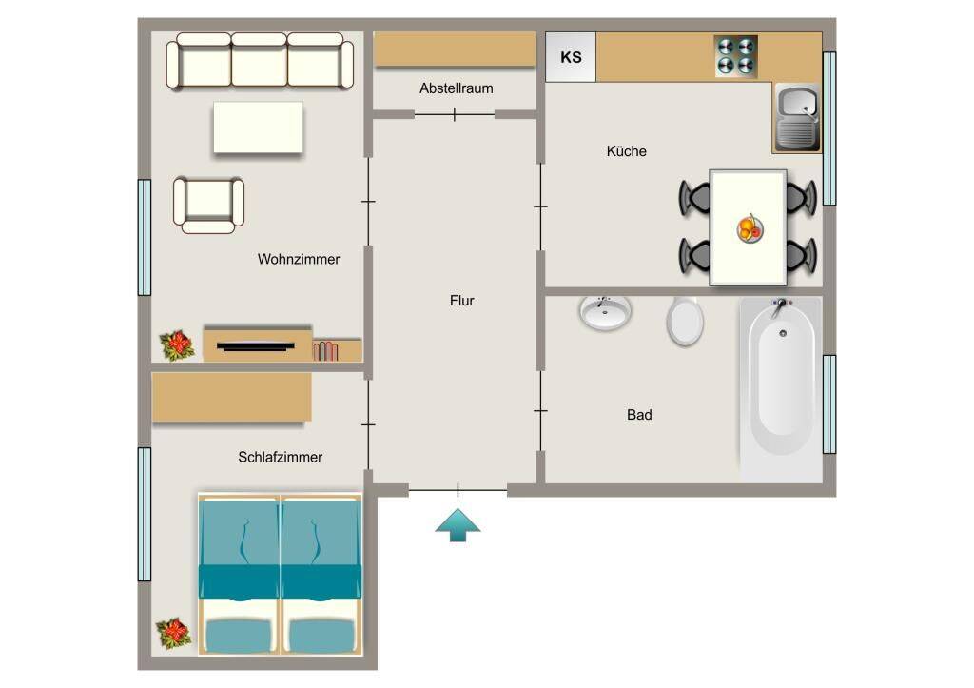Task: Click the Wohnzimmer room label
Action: pos(299,259)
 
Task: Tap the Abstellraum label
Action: pos(456,88)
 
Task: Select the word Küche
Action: pos(626,151)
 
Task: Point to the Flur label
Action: pos(461,301)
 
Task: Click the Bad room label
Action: pos(639,415)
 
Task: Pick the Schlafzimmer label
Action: pos(281,457)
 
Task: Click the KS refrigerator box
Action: pos(571,57)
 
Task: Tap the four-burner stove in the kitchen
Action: pos(735,56)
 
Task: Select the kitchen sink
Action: pos(797,118)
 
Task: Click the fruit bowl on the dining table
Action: pos(750,229)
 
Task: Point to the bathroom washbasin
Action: pos(605,312)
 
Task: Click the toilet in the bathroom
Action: pos(685,320)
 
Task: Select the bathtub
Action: pos(782,388)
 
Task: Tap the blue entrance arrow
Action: pos(458,525)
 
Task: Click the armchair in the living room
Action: pos(208,205)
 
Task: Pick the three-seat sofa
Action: pos(260,61)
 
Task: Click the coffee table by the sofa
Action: pos(259,128)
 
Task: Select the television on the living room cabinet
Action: pos(256,346)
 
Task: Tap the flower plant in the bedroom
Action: pos(173,633)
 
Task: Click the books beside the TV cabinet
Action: pos(325,351)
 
